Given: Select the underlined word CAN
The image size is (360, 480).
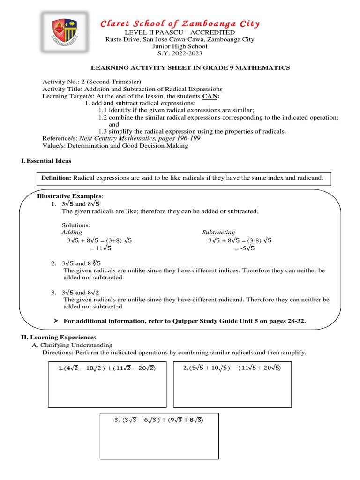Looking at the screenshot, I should (210, 96).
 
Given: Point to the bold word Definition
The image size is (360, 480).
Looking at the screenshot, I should (56, 178).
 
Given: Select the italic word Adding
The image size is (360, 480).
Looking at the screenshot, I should (72, 232).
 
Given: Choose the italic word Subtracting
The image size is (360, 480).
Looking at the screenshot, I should (218, 232).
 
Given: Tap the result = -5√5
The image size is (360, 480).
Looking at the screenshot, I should (245, 248).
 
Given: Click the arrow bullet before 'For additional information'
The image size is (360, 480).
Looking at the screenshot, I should (56, 320).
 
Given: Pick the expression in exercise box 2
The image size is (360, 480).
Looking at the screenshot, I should (232, 368).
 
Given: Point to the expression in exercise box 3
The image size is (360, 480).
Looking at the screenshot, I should (158, 420).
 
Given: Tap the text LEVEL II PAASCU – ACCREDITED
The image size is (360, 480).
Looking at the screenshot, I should (180, 32).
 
